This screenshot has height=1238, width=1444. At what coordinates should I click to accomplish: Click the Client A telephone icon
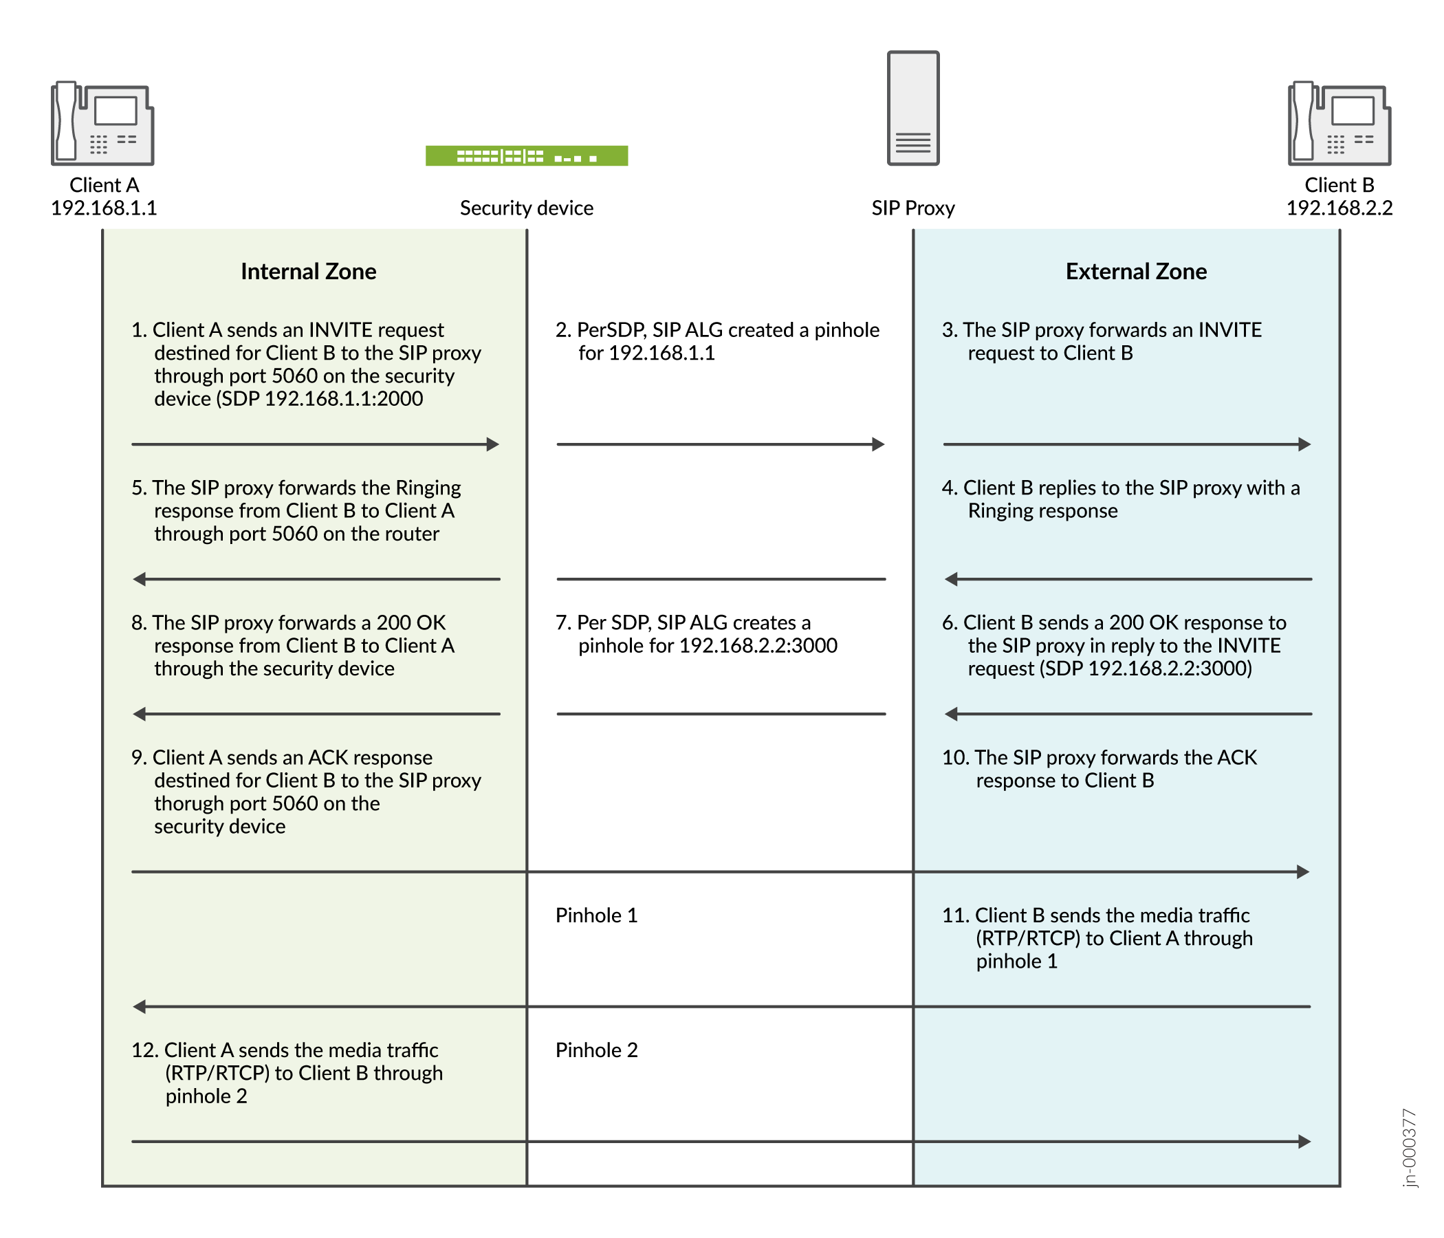102,123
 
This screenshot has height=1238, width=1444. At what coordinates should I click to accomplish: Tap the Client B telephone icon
1339,123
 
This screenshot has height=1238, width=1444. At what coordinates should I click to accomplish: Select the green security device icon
526,155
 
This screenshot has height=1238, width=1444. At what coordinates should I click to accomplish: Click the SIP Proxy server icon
913,108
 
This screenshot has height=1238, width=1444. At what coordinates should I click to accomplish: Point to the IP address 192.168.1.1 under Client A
104,208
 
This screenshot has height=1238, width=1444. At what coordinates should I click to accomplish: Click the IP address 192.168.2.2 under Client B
1339,208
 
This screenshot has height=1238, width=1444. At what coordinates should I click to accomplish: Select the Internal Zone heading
308,271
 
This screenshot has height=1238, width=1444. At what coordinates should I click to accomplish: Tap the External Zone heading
1136,271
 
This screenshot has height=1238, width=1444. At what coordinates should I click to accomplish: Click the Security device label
526,208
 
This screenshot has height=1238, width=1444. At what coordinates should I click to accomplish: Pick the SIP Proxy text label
913,208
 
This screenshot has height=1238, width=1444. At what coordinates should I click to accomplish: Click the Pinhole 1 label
597,915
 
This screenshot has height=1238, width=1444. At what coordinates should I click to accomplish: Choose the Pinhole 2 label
597,1050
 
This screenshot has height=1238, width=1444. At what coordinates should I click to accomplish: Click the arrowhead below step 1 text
494,444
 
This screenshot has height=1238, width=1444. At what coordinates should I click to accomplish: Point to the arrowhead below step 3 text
1304,444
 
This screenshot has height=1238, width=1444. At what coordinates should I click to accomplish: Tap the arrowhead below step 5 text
140,578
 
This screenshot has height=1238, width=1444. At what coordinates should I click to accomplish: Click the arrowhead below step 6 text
950,714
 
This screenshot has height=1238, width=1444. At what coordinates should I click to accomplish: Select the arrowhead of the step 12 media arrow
1304,1142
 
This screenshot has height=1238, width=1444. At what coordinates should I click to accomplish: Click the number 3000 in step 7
815,646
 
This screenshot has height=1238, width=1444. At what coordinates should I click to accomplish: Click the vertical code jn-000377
1409,1147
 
